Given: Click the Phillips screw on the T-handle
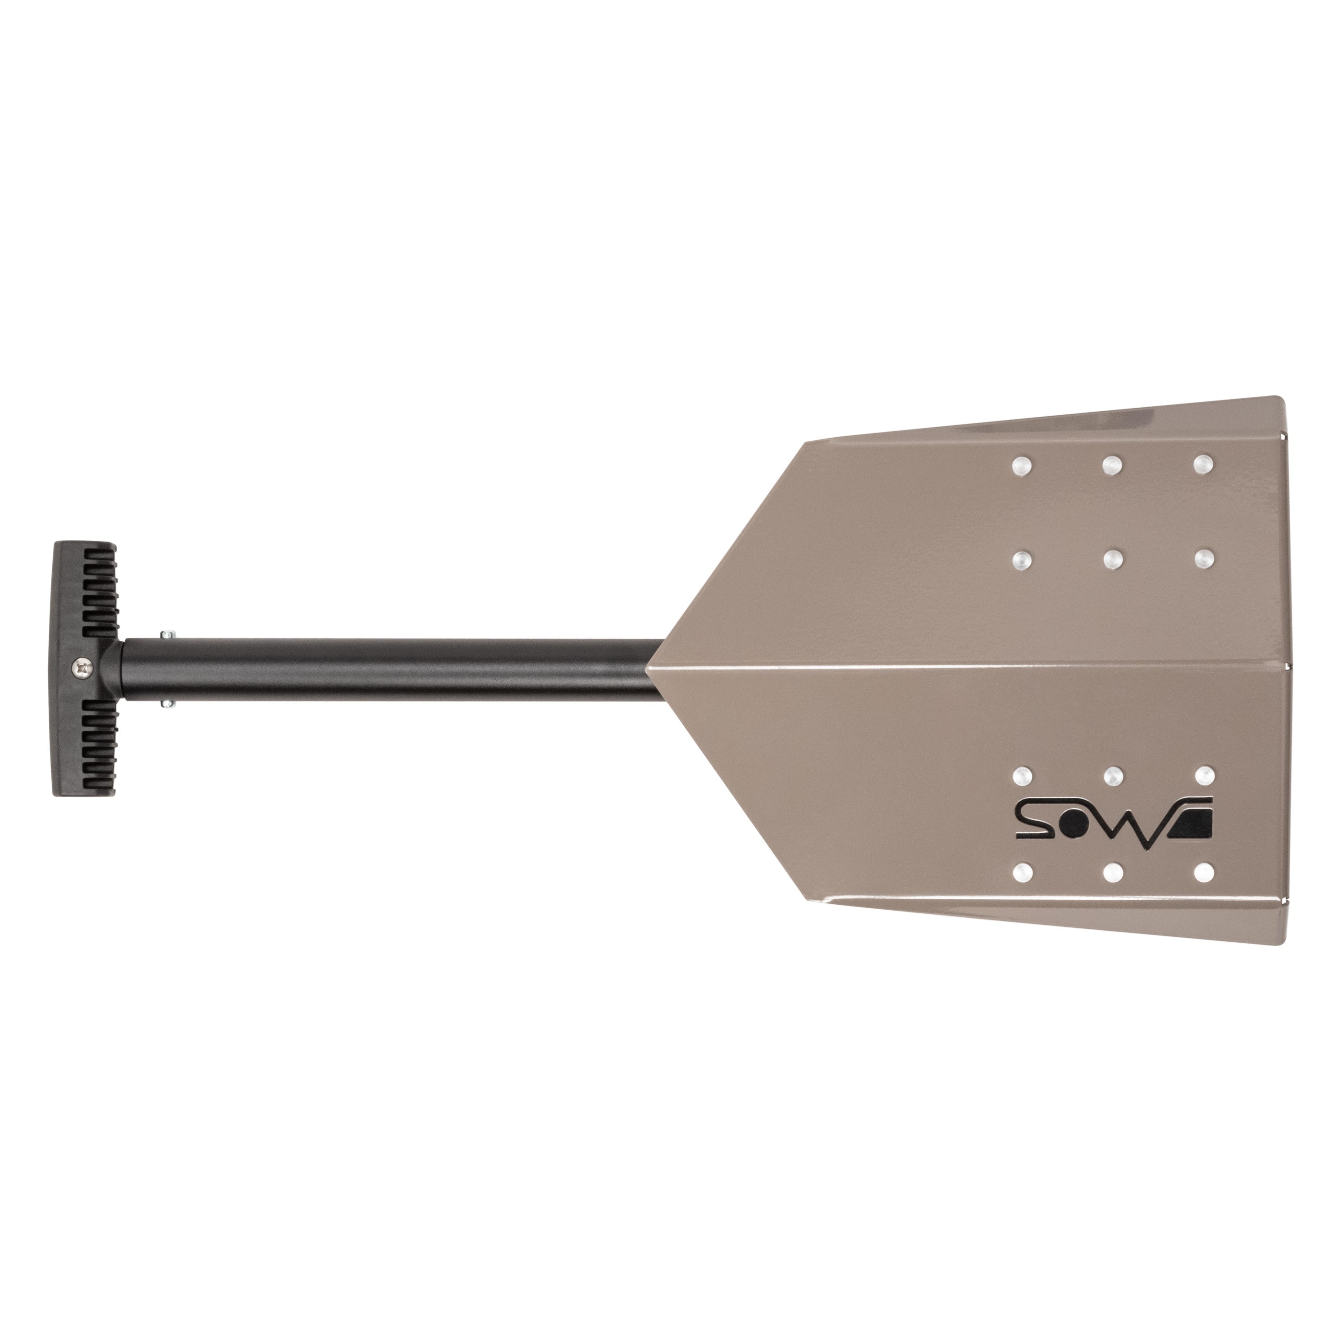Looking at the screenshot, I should point(84,668).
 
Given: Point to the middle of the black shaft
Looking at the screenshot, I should point(389,669).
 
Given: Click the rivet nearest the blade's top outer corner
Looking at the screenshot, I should point(1204,463).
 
